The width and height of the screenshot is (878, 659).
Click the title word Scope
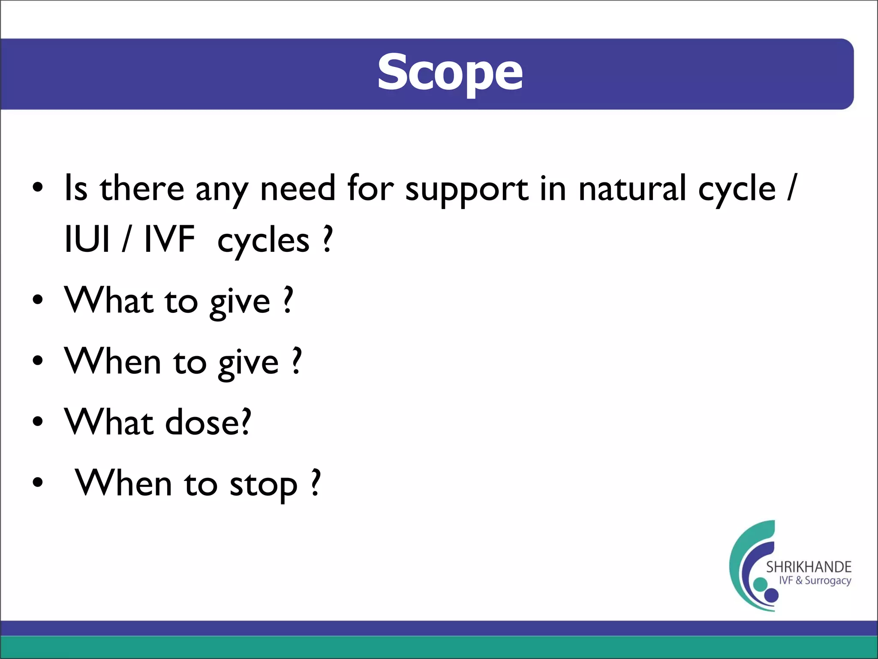click(x=450, y=73)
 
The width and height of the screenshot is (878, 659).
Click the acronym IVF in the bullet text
click(x=169, y=239)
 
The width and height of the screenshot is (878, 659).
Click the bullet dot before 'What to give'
click(x=38, y=300)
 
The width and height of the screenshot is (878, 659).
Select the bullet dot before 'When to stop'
click(x=38, y=482)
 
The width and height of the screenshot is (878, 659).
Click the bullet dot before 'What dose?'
click(x=38, y=421)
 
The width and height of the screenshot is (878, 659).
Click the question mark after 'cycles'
click(x=328, y=239)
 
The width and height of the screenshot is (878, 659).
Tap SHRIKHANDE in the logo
click(x=809, y=567)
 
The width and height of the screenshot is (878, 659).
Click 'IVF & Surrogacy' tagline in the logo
click(x=815, y=581)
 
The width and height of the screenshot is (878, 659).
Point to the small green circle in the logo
click(x=760, y=584)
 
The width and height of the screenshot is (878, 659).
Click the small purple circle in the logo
click(x=771, y=595)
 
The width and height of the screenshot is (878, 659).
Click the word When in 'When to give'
click(x=112, y=361)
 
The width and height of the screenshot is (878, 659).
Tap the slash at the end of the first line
click(x=792, y=187)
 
